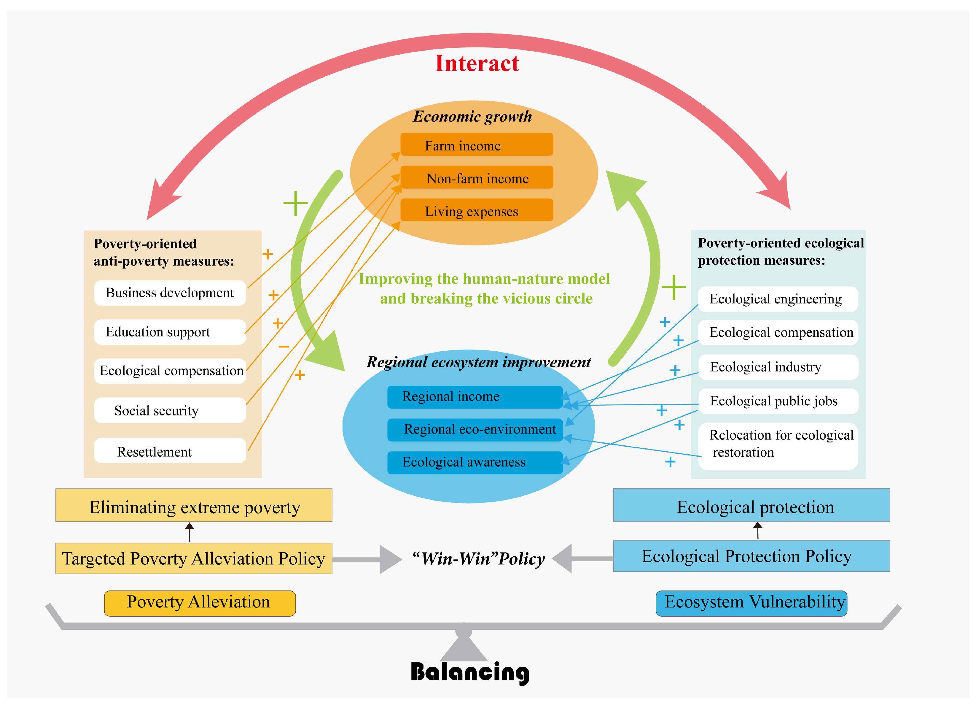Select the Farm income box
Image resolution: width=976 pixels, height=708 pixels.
[476, 145]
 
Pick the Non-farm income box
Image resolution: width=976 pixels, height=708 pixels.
[476, 177]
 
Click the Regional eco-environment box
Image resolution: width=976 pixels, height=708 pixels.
[475, 429]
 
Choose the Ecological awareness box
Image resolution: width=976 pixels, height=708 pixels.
[475, 462]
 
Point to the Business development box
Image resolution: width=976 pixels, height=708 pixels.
[170, 293]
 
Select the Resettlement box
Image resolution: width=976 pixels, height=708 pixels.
[170, 451]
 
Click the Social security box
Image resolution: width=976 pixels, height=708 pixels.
[170, 410]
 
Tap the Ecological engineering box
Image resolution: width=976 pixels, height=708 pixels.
[777, 299]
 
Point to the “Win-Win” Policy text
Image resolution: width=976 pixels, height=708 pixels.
[478, 558]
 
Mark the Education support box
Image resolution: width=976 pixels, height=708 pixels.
[170, 332]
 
